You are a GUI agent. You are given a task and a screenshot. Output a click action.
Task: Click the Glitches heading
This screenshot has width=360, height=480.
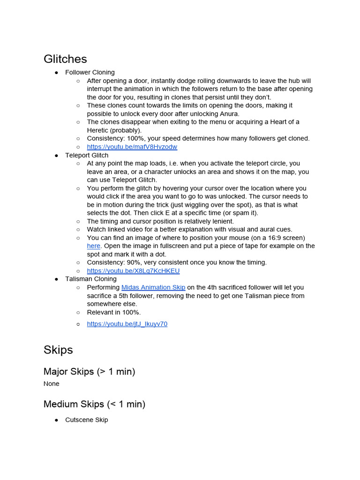[65, 59]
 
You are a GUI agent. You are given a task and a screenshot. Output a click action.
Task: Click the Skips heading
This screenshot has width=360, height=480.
[58, 350]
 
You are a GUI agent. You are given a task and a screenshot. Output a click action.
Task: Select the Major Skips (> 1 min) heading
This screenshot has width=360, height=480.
[89, 372]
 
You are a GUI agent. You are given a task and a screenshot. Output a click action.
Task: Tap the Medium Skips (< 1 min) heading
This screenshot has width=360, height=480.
[94, 404]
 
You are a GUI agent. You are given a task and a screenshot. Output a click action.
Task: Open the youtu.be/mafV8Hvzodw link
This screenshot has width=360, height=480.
[132, 147]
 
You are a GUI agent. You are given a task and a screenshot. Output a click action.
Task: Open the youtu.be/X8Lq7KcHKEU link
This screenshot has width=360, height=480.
[133, 271]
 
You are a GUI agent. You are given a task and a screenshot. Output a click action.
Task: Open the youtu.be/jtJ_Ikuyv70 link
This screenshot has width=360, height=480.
[127, 324]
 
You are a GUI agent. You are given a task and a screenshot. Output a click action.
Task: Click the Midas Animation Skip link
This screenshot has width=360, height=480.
[153, 287]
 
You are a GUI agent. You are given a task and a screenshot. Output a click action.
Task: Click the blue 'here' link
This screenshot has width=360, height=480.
[93, 246]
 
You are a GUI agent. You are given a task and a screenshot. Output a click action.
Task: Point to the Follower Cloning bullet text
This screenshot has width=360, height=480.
[90, 72]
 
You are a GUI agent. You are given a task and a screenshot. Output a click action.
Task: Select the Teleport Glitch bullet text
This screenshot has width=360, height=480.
[87, 155]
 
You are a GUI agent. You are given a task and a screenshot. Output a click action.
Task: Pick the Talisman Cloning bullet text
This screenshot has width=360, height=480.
[91, 279]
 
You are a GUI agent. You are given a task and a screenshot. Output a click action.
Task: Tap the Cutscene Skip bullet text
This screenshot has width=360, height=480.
[87, 420]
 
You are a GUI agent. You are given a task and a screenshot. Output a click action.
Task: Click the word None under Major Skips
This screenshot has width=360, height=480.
[52, 384]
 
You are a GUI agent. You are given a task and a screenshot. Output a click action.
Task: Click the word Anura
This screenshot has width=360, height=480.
[229, 114]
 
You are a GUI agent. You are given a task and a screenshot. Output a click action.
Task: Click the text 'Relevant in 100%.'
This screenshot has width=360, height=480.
[114, 312]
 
